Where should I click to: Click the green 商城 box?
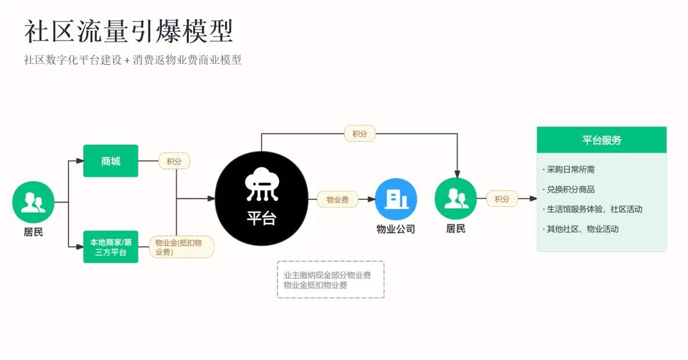111,161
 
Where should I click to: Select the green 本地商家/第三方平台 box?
111,247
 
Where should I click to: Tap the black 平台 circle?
262,199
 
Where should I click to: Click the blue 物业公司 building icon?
396,199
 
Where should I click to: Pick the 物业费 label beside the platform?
338,199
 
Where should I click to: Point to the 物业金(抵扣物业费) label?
182,247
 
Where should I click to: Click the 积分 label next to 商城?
174,161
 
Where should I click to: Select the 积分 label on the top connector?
360,134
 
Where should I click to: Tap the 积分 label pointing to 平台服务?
502,199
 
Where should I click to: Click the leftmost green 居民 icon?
33,202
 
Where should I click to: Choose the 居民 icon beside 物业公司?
456,199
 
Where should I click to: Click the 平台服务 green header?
602,140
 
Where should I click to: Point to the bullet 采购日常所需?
568,170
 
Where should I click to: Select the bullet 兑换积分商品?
568,190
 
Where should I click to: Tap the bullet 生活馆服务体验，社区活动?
592,209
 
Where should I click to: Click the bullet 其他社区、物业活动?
581,229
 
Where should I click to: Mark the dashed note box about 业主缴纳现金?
331,280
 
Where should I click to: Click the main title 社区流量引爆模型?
129,31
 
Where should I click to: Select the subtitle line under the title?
132,60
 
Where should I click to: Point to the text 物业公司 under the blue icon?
396,229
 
